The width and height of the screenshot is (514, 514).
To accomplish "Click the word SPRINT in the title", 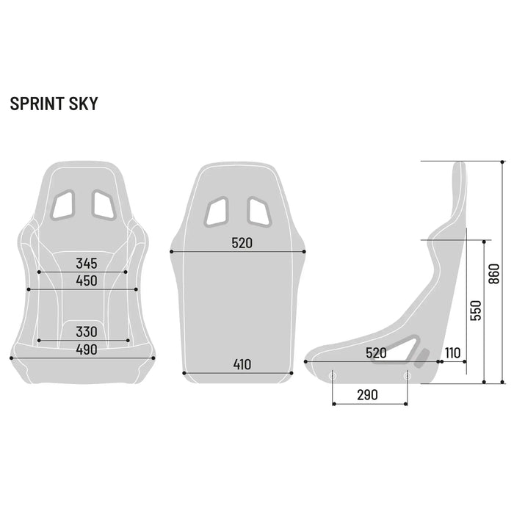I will coord(36,104).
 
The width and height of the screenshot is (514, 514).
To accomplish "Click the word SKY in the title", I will coord(82,104).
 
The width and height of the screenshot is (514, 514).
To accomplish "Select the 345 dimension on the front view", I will coord(87,263).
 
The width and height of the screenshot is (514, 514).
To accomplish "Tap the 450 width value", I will coord(87,280).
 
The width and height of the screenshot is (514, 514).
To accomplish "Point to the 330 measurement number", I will coord(87,332).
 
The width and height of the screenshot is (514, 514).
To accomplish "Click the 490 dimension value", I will coord(87,350).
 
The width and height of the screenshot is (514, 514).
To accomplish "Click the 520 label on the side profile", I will coord(376,353).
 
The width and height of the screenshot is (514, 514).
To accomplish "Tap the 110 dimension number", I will coord(452,353).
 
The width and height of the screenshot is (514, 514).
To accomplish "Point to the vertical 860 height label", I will coord(493,274).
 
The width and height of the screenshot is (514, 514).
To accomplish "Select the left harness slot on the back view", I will coord(217,211).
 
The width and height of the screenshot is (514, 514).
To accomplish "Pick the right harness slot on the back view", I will coord(258,211).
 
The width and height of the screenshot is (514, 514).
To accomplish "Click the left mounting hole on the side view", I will coord(333,375).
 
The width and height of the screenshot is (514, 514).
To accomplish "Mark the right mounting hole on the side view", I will coord(407,375).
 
